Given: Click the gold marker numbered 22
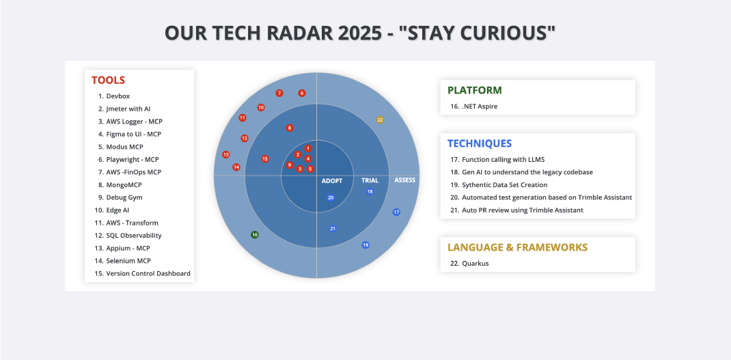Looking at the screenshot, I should (x=380, y=120).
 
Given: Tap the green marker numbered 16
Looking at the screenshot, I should (x=255, y=234).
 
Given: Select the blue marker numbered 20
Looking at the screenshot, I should (x=331, y=197).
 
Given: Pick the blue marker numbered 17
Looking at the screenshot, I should (x=396, y=212).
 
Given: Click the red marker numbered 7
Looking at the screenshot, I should (x=279, y=93).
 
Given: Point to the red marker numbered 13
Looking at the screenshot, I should (x=226, y=154).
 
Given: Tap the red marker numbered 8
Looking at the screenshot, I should (x=290, y=128).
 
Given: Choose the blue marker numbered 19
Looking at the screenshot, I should (x=365, y=245).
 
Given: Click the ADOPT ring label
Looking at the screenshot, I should (x=332, y=181).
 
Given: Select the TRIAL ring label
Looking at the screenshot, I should (x=370, y=181).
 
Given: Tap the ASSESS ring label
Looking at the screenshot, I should (x=404, y=180).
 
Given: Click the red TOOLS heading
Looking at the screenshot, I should (x=108, y=80).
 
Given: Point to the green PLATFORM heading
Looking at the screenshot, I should (x=474, y=90).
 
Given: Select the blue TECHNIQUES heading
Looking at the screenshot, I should (x=479, y=143).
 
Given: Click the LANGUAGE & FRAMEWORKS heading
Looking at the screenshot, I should (x=517, y=247).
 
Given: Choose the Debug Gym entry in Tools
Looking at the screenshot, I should (x=124, y=197).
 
